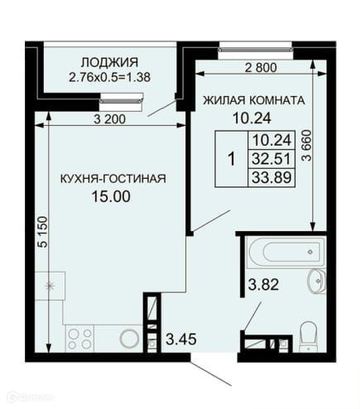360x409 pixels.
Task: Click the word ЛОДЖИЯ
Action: point(109,63)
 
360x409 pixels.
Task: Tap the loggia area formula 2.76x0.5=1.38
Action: point(109,77)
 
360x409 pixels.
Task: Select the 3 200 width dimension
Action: point(109,119)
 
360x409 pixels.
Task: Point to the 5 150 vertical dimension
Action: point(42,232)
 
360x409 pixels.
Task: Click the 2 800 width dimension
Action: point(261,68)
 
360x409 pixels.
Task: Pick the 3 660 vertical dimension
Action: point(306,146)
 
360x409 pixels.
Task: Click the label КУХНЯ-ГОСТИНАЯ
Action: point(113,179)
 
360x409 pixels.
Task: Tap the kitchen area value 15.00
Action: point(111,197)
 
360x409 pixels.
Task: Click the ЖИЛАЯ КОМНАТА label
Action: point(254,100)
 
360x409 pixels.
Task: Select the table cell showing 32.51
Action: point(271,159)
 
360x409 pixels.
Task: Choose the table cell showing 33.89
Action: point(271,177)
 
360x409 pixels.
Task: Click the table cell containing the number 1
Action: point(232,159)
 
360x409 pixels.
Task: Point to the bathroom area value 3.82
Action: point(263,285)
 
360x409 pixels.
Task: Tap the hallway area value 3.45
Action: point(181,339)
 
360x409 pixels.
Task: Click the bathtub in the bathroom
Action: point(286,252)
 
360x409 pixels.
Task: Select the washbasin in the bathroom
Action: point(317,281)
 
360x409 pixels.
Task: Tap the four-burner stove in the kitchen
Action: point(79,339)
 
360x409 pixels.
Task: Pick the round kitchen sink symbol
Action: point(129,339)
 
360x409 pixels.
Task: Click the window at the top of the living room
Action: point(256,50)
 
